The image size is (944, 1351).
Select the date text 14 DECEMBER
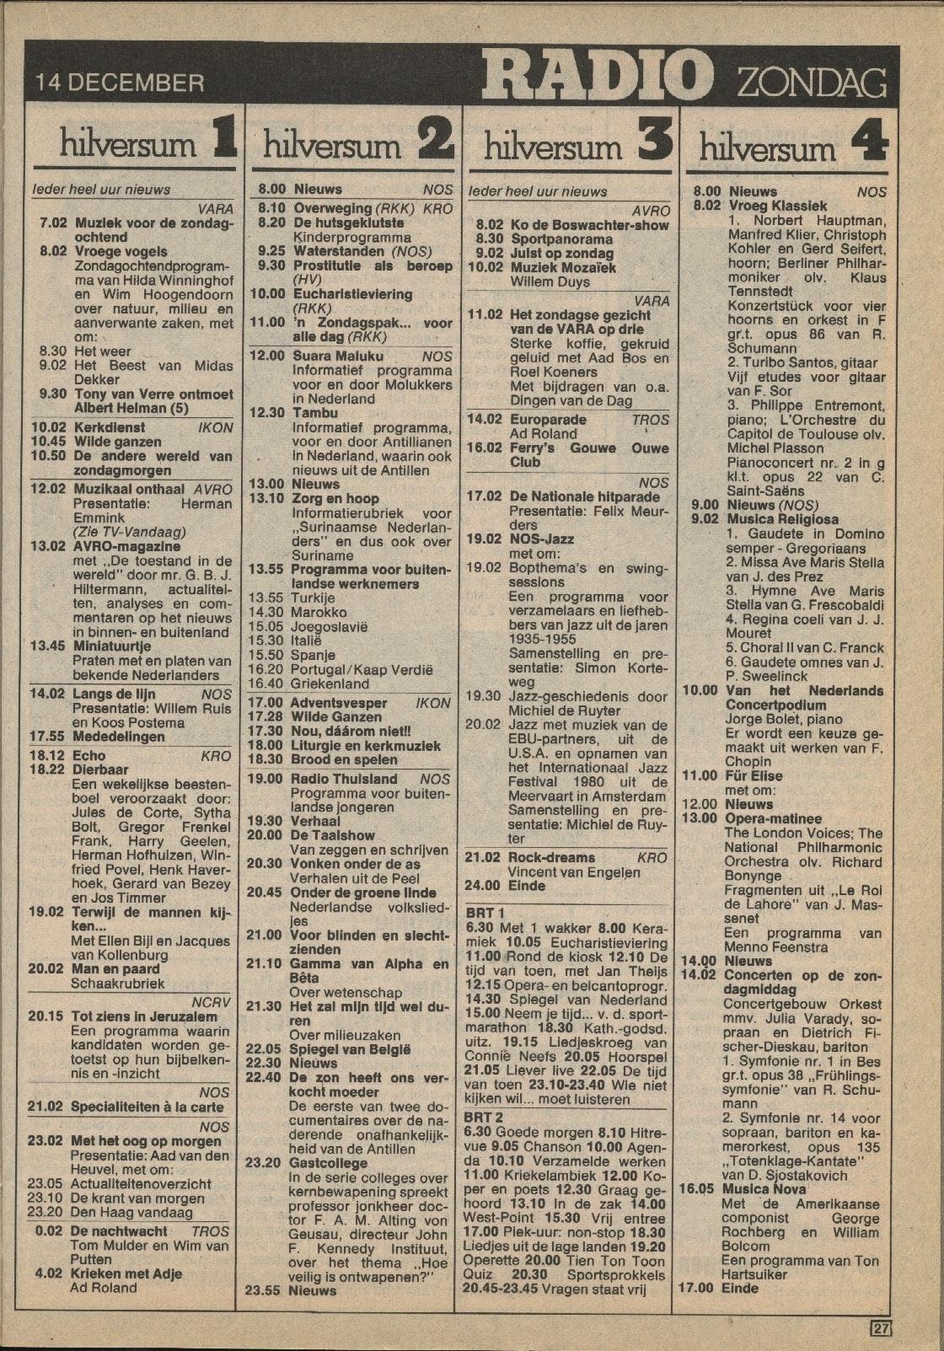(x=120, y=83)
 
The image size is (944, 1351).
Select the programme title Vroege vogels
(x=121, y=251)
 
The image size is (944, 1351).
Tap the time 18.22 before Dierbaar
(x=47, y=769)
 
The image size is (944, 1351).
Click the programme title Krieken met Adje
(x=126, y=1273)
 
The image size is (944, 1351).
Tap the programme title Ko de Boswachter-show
(x=589, y=225)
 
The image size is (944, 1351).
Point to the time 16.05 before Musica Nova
(x=697, y=1189)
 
